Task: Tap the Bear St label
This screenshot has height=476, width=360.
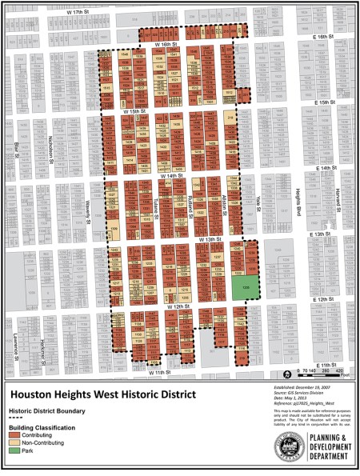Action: coord(16,149)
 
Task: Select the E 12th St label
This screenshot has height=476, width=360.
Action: coord(321,298)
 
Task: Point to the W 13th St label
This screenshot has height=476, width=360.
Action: coord(209,239)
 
